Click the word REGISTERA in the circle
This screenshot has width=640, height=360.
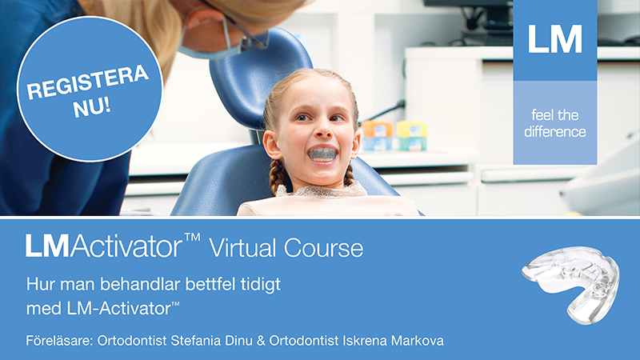87,82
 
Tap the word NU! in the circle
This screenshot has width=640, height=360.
92,108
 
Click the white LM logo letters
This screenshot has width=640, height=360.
554,39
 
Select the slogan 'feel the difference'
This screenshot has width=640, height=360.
555,123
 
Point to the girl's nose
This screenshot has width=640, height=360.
324,129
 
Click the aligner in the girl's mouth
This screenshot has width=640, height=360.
322,154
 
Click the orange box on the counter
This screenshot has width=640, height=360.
377,129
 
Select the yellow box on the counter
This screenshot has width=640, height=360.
412,129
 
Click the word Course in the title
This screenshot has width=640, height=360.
323,248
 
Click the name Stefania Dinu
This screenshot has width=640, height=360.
211,341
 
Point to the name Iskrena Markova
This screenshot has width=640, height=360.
393,341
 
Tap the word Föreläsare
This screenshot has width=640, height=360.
59,341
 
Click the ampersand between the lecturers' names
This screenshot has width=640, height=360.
261,341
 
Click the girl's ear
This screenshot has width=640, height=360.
270,144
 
